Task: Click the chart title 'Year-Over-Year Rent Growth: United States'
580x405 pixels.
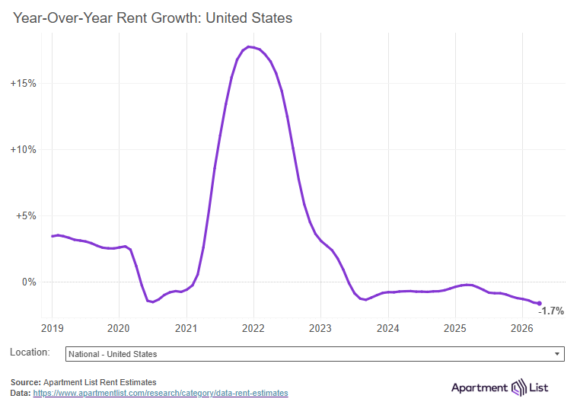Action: pos(152,18)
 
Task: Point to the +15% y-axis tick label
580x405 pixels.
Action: pos(23,83)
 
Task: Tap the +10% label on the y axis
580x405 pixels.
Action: pos(23,149)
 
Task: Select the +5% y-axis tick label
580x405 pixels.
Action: pos(25,215)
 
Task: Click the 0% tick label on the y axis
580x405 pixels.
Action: pos(28,282)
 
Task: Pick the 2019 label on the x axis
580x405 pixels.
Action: pos(52,329)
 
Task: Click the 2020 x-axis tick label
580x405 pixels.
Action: pos(119,329)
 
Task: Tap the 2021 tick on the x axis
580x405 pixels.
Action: pos(186,329)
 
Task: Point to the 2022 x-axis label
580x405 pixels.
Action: pos(253,329)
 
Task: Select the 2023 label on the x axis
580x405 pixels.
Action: pos(320,329)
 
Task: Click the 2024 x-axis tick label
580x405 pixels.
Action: pos(387,329)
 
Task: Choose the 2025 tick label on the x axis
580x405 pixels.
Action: pos(455,329)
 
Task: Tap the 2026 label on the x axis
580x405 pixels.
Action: pos(522,329)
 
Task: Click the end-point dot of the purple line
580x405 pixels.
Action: pos(540,304)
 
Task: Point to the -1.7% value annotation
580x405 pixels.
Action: pos(551,311)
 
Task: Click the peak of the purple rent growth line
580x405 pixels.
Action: pos(250,47)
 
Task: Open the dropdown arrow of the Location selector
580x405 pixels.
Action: pos(558,354)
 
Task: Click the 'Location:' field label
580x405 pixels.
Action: pos(30,353)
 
